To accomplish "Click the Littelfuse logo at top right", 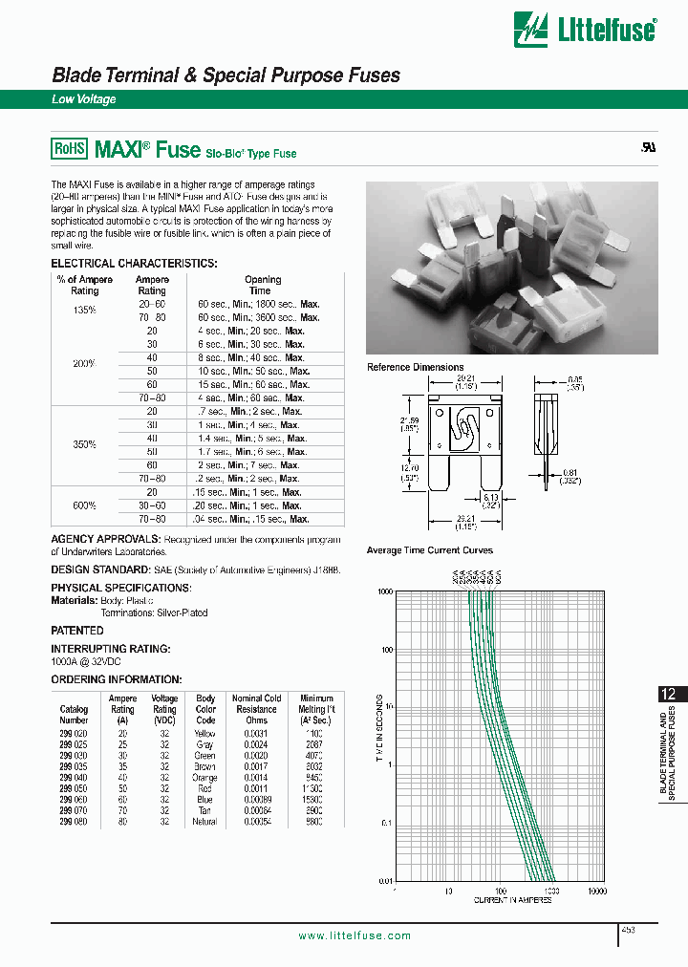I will [586, 30].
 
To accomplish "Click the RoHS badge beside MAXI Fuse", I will [69, 149].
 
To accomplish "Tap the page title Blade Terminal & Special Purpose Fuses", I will [226, 75].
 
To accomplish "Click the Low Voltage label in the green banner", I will [83, 99].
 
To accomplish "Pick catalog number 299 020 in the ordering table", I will [74, 733].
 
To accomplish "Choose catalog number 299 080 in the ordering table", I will [74, 821].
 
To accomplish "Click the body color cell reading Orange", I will [205, 777].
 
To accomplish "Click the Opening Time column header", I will [263, 285].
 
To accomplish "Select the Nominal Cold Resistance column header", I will [256, 709].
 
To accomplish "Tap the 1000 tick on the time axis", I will [385, 591].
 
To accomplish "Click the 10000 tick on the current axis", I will [596, 891].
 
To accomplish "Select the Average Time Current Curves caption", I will [429, 550].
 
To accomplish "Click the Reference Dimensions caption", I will [415, 367].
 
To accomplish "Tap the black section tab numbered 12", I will [671, 695].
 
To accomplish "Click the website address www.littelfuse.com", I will [355, 935].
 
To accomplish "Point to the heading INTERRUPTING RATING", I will [111, 648].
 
